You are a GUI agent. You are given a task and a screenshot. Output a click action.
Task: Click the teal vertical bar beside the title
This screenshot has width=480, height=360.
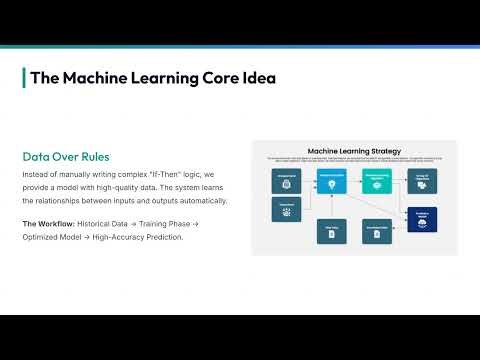(23, 78)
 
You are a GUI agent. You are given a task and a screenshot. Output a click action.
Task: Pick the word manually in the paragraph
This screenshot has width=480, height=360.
(73, 174)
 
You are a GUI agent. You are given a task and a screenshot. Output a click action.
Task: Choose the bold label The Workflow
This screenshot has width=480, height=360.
(45, 222)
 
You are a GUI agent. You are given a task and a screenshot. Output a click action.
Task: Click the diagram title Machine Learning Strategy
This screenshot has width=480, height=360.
(354, 151)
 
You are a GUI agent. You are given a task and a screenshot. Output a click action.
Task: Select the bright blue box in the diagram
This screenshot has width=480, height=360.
(330, 181)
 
